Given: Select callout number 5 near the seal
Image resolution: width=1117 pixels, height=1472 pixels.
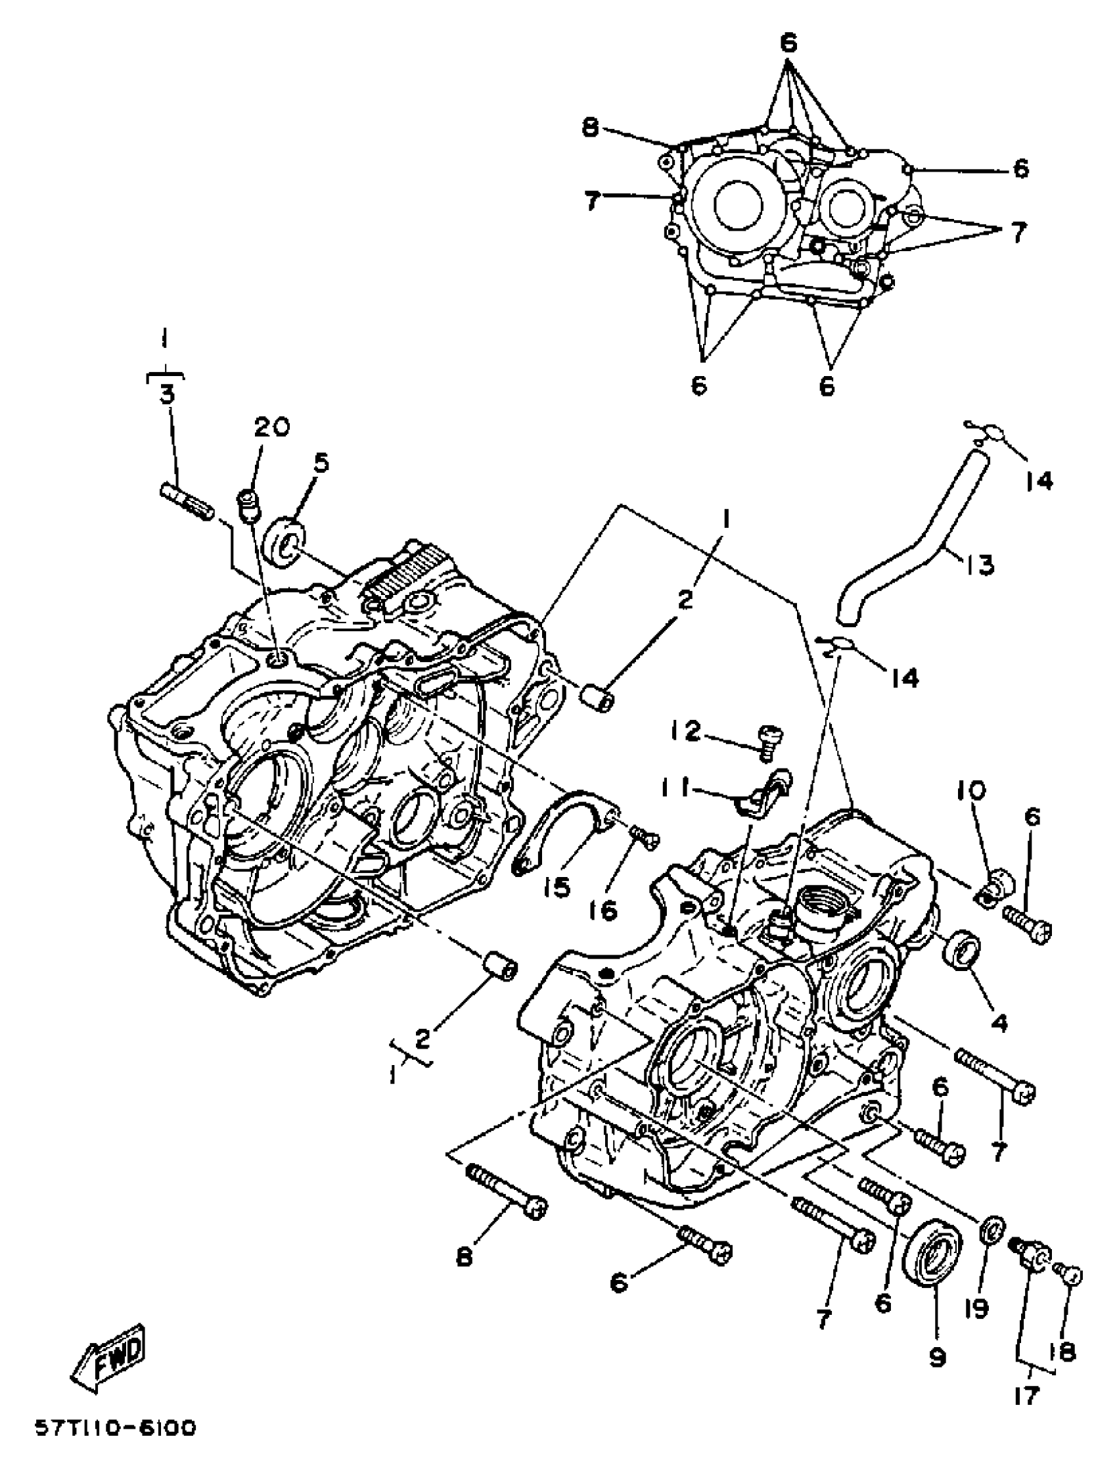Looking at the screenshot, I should tap(321, 464).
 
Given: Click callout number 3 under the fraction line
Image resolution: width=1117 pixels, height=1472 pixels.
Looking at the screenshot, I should tap(166, 394).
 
